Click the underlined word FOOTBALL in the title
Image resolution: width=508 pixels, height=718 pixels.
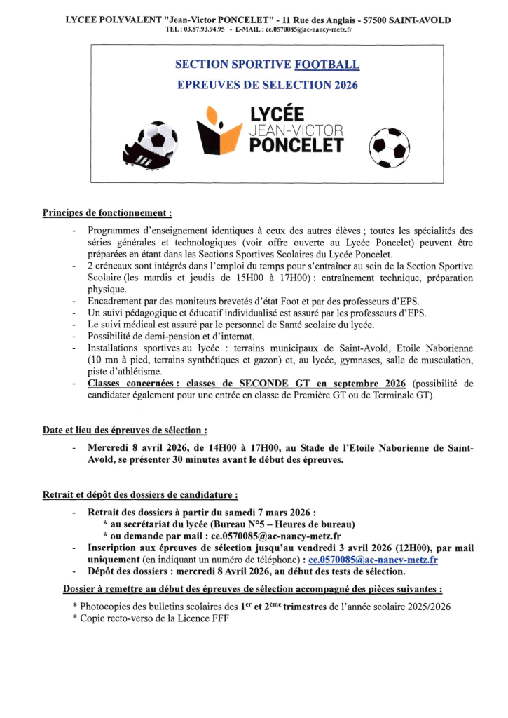(x=327, y=65)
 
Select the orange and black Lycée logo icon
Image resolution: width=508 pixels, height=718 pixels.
(x=219, y=130)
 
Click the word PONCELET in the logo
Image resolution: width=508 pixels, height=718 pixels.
(x=297, y=144)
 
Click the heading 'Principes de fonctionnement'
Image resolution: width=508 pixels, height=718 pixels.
(x=107, y=212)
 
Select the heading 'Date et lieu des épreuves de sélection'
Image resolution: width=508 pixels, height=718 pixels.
(x=125, y=430)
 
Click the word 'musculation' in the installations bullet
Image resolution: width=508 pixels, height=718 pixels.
(x=442, y=360)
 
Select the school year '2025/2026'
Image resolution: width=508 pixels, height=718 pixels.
(x=425, y=606)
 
